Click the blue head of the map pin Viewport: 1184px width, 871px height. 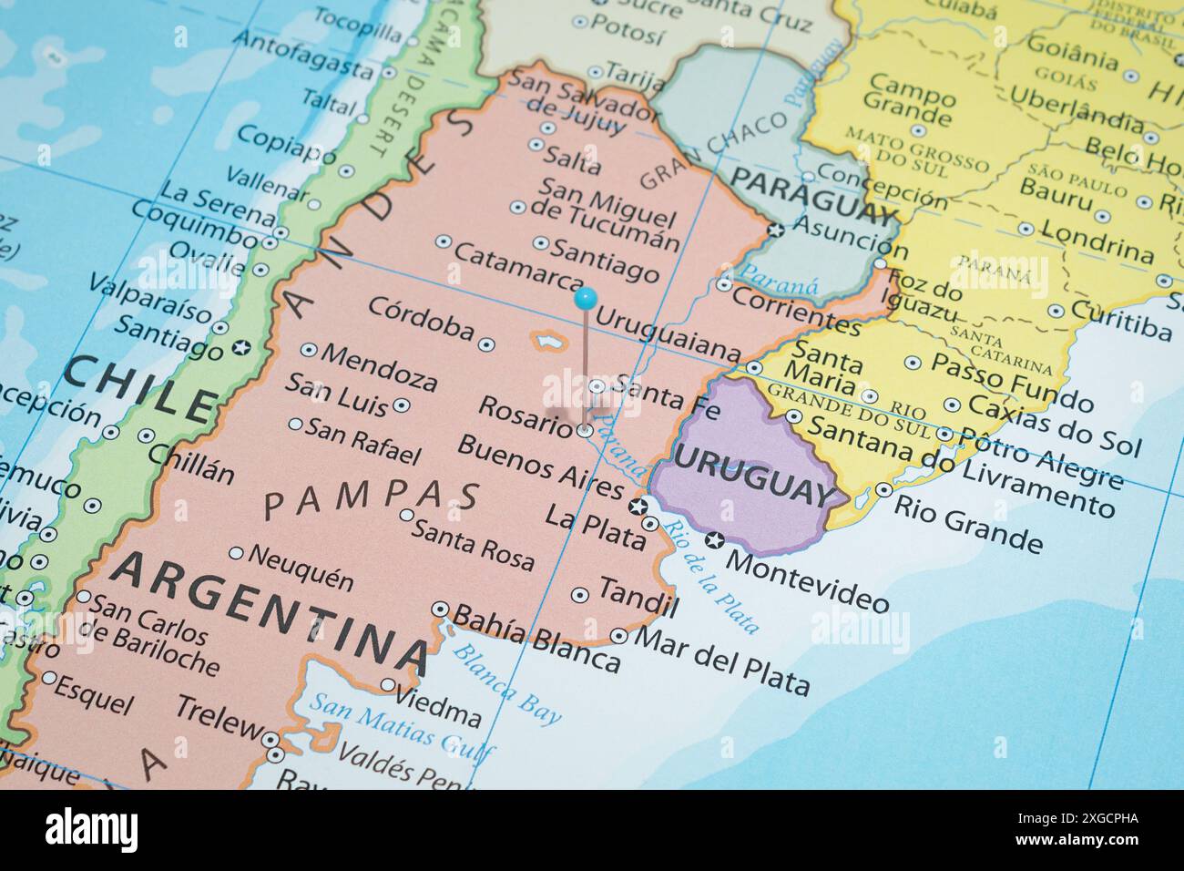point(586,296)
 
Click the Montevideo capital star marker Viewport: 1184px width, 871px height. point(715,540)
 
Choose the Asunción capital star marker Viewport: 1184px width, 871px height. point(776,230)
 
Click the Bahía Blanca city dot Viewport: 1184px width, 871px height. point(442,609)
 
